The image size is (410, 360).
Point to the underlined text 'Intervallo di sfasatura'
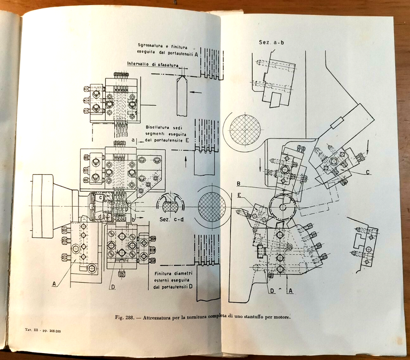click(151, 65)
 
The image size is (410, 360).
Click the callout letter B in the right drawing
click(238, 184)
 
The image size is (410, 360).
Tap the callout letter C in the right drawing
click(368, 171)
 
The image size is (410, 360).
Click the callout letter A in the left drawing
click(54, 284)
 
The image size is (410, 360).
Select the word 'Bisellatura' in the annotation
click(159, 127)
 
